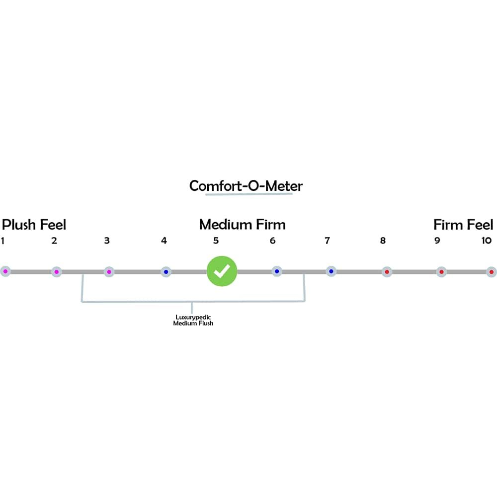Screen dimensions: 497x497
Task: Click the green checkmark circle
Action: [x=222, y=271]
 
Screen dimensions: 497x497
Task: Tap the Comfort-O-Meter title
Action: [x=246, y=186]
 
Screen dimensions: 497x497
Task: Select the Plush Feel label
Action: [x=34, y=225]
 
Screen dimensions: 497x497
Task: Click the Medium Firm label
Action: [x=243, y=225]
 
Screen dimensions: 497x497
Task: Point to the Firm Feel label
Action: [x=463, y=225]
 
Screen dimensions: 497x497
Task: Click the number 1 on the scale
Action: [x=3, y=241]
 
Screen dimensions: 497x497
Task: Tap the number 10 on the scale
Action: [x=487, y=241]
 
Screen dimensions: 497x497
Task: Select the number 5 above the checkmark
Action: [x=216, y=241]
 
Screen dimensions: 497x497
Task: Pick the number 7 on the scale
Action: [x=327, y=241]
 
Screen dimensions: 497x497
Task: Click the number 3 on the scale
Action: [x=107, y=241]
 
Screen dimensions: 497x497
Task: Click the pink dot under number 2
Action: [x=57, y=272]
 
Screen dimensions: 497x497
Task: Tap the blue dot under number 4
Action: [x=166, y=272]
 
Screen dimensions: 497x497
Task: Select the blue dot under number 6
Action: [x=277, y=271]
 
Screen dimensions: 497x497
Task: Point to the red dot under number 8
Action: [x=387, y=272]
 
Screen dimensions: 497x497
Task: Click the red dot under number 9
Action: [x=441, y=272]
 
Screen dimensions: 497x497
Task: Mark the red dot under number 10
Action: [x=492, y=272]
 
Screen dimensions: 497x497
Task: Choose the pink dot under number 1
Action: [x=5, y=272]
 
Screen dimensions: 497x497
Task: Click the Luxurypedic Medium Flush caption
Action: [x=193, y=320]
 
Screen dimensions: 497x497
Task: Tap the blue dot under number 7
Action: [x=331, y=271]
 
